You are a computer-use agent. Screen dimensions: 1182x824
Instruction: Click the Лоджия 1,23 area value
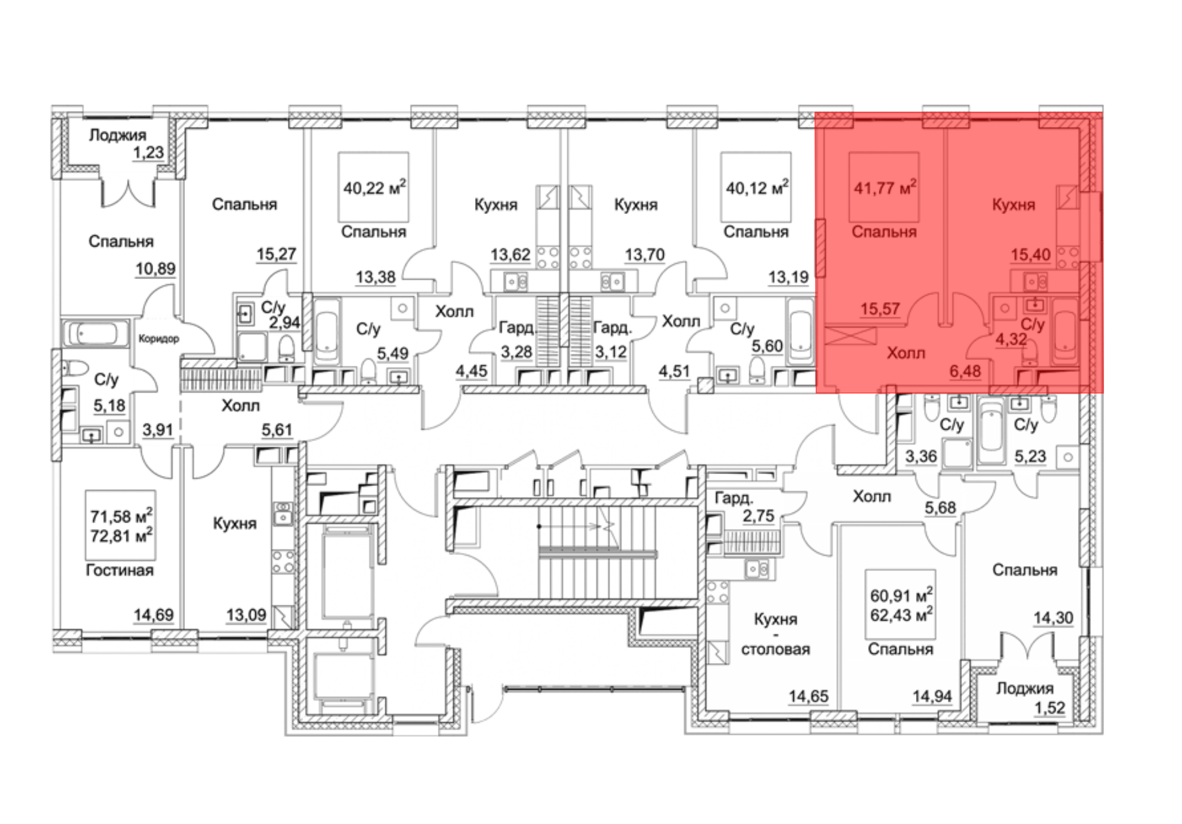(x=148, y=153)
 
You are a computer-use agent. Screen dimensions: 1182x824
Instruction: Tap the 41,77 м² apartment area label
(x=885, y=187)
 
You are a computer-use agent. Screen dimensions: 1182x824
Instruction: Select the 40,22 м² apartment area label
(x=374, y=188)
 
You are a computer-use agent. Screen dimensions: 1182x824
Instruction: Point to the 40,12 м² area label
(x=756, y=188)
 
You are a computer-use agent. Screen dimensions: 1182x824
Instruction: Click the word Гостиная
(x=120, y=570)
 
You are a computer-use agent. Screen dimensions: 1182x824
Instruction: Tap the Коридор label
(x=158, y=339)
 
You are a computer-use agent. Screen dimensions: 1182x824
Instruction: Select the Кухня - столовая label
(x=775, y=634)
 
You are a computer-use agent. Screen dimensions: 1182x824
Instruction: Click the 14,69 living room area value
(x=154, y=615)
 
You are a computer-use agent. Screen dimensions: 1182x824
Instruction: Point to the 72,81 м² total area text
(x=121, y=536)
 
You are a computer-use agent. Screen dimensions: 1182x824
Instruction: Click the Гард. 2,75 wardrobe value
(x=758, y=516)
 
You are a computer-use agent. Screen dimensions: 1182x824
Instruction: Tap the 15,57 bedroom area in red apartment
(x=880, y=309)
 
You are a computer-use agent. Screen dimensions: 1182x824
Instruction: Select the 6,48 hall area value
(x=965, y=371)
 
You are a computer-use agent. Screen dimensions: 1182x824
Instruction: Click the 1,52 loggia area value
(x=1050, y=708)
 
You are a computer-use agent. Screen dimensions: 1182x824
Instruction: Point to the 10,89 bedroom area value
(x=156, y=269)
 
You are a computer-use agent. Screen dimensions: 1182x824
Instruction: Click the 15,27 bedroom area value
(x=276, y=254)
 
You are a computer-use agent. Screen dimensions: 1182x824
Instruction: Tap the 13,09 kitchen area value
(x=246, y=615)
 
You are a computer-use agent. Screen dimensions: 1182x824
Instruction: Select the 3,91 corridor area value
(x=158, y=430)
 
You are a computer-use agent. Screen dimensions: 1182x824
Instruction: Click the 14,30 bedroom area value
(x=1053, y=618)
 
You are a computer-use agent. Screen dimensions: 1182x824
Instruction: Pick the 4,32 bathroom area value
(x=1011, y=339)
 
